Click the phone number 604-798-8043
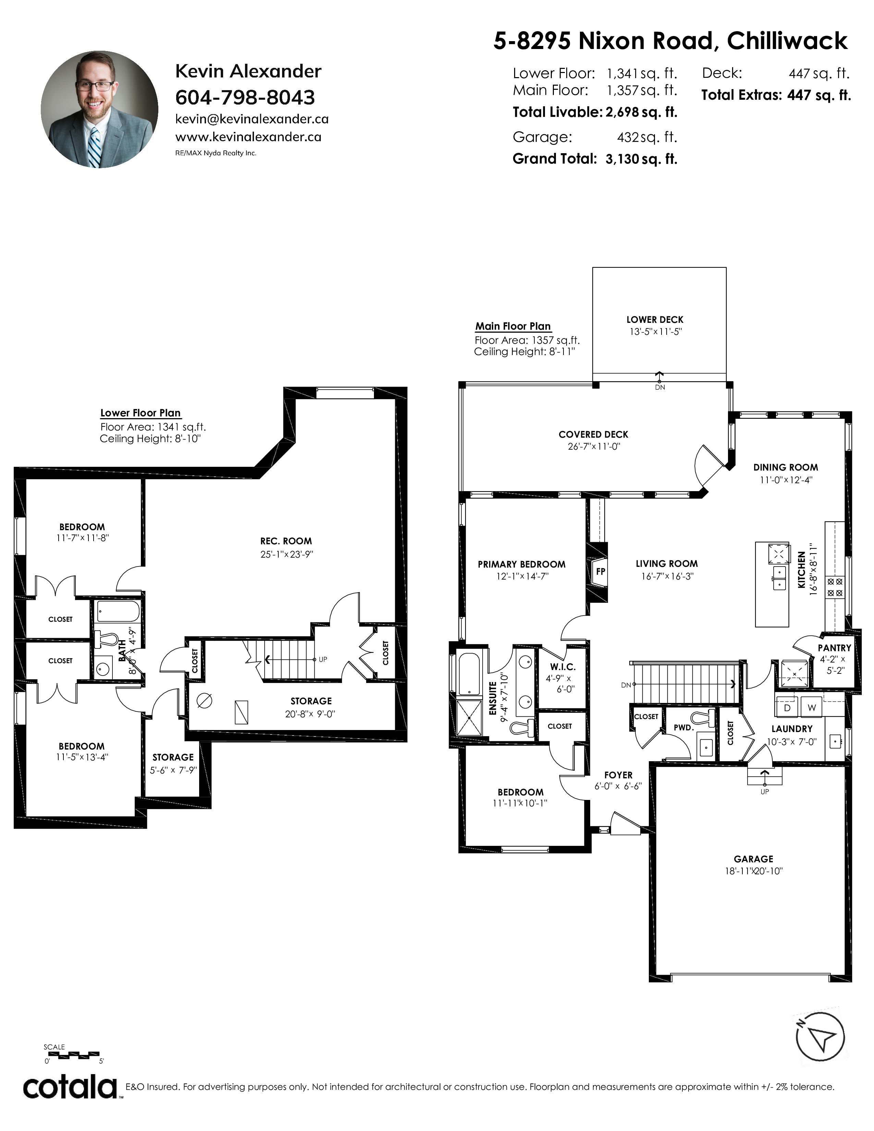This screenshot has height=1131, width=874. [x=245, y=97]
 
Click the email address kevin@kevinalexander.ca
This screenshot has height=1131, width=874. [x=252, y=119]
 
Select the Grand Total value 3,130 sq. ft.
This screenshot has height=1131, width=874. [x=641, y=159]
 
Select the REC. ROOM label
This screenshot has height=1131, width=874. [x=286, y=541]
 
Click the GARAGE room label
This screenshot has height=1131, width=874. [x=753, y=859]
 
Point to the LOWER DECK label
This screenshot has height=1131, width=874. [x=655, y=319]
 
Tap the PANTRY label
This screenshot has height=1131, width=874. [x=834, y=648]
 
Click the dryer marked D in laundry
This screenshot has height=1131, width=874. [x=787, y=707]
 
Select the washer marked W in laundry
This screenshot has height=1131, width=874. [x=811, y=707]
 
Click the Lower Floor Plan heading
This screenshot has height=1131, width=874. [x=140, y=413]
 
